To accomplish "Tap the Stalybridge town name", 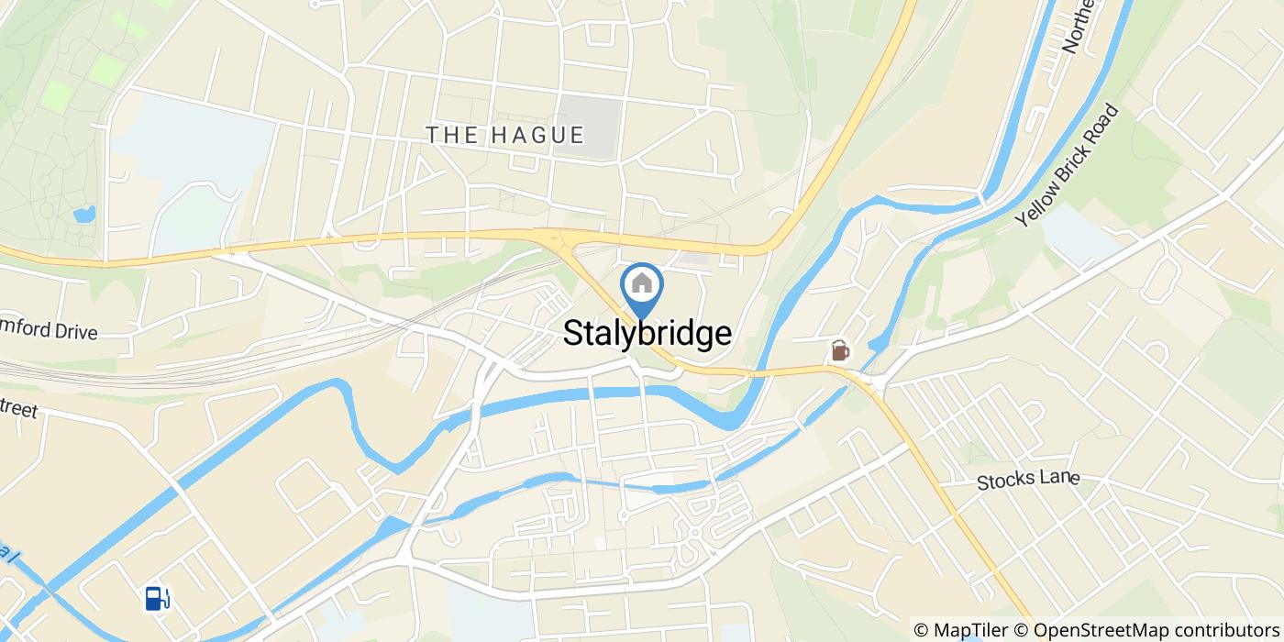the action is (x=647, y=333).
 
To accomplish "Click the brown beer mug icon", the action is (x=839, y=350).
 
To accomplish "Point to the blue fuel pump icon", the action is (x=157, y=598).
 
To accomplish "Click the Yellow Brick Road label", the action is (x=1068, y=167).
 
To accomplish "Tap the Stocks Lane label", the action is (x=1027, y=480).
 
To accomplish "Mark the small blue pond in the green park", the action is (x=84, y=216).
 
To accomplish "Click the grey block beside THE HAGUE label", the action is (x=592, y=126).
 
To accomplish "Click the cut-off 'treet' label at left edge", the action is (x=18, y=406).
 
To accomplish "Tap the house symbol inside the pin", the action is (x=642, y=283).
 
